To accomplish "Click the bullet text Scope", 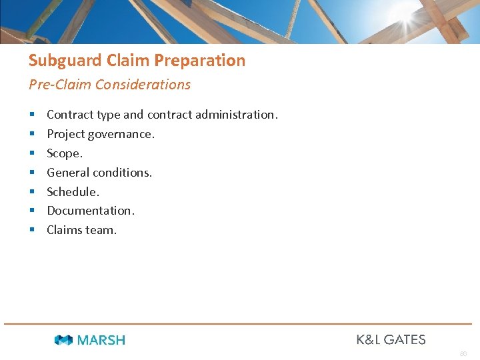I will [x=65, y=153].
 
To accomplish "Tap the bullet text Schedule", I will [x=73, y=192].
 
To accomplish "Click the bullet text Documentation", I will [x=90, y=211].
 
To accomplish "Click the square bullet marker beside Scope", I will [x=31, y=154].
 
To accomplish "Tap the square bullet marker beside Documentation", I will [x=31, y=211].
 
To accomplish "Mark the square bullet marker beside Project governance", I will [x=31, y=135].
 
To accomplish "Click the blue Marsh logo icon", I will [x=63, y=340].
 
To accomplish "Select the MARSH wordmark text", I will [x=101, y=340].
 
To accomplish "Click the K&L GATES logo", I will [x=391, y=339].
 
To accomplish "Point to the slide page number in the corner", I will [x=463, y=353].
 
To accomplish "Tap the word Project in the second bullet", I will [x=65, y=134].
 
